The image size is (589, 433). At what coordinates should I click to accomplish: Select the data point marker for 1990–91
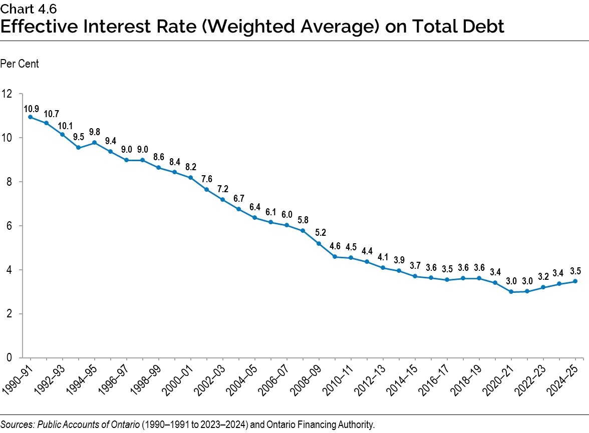(30, 117)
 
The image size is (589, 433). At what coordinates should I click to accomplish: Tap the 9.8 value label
(94, 133)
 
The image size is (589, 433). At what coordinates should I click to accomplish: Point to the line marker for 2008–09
(319, 244)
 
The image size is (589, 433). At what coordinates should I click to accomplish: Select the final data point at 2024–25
(575, 281)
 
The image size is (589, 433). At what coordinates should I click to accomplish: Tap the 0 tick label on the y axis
(9, 358)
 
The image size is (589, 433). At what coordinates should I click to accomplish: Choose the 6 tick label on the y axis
(9, 226)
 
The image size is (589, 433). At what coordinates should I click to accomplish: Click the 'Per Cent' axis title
(20, 64)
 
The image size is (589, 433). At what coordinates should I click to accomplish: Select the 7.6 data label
(206, 179)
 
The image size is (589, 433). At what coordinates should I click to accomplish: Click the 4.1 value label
(383, 257)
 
